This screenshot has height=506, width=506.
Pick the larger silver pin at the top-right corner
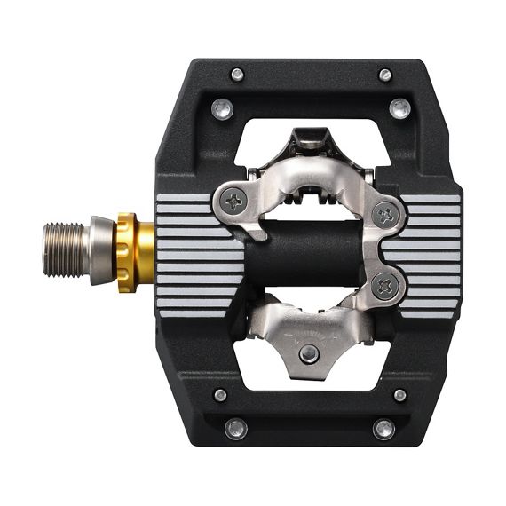(x=399, y=108)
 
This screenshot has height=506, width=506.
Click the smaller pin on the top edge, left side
(x=237, y=75)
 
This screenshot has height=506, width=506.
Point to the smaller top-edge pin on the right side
(x=384, y=75)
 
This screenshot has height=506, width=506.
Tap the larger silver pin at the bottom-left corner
(x=235, y=429)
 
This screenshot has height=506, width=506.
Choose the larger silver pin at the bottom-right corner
(x=383, y=429)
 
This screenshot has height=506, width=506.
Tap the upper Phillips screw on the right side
(x=385, y=213)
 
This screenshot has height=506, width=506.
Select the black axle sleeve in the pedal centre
(x=293, y=253)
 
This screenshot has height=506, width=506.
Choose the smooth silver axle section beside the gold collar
(x=101, y=249)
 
